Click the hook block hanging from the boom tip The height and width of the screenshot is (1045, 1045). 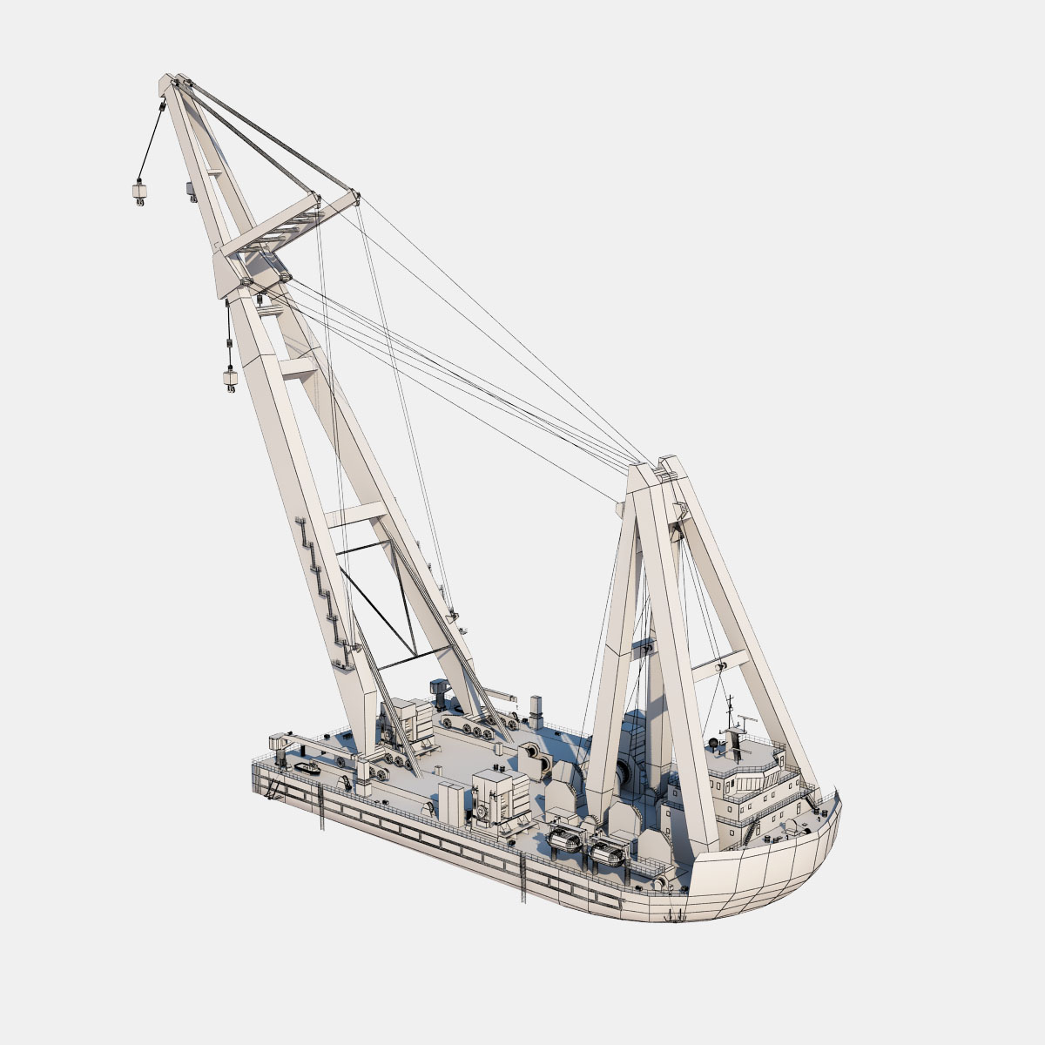pyautogui.click(x=138, y=192)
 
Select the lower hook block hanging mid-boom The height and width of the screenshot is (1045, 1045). pyautogui.click(x=231, y=380)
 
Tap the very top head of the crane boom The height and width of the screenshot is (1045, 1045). pyautogui.click(x=171, y=84)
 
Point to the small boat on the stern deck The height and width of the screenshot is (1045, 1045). pyautogui.click(x=308, y=768)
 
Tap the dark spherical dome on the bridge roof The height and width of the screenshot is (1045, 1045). pyautogui.click(x=716, y=743)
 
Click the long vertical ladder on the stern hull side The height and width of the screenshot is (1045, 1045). pyautogui.click(x=321, y=806)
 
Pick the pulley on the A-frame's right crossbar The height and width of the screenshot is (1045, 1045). pyautogui.click(x=721, y=667)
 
